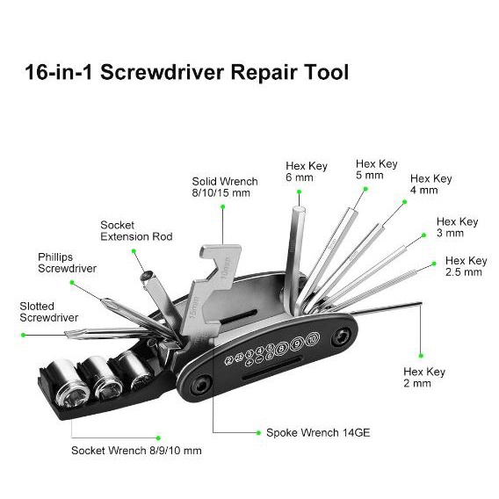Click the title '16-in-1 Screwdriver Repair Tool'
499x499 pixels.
point(187,73)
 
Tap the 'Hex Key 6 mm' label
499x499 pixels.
point(306,171)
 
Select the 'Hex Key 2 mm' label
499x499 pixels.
point(424,377)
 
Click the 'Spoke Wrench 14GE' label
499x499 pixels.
point(318,432)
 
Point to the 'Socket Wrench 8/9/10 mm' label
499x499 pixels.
point(136,451)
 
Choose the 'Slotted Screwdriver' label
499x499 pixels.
point(48,312)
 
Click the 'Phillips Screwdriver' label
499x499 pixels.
point(67,263)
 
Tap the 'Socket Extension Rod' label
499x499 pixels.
point(136,231)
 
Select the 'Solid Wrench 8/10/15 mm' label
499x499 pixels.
point(225,187)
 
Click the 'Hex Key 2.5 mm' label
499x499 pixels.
point(466,266)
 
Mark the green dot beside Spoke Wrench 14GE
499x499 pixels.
point(258,432)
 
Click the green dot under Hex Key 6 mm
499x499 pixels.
point(300,192)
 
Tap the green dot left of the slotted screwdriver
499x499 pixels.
point(23,335)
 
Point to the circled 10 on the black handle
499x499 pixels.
point(312,338)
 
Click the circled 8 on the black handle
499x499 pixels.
point(281,349)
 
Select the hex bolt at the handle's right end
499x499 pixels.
point(341,337)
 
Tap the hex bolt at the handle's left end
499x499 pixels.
point(200,385)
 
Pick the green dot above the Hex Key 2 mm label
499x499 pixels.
point(421,356)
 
